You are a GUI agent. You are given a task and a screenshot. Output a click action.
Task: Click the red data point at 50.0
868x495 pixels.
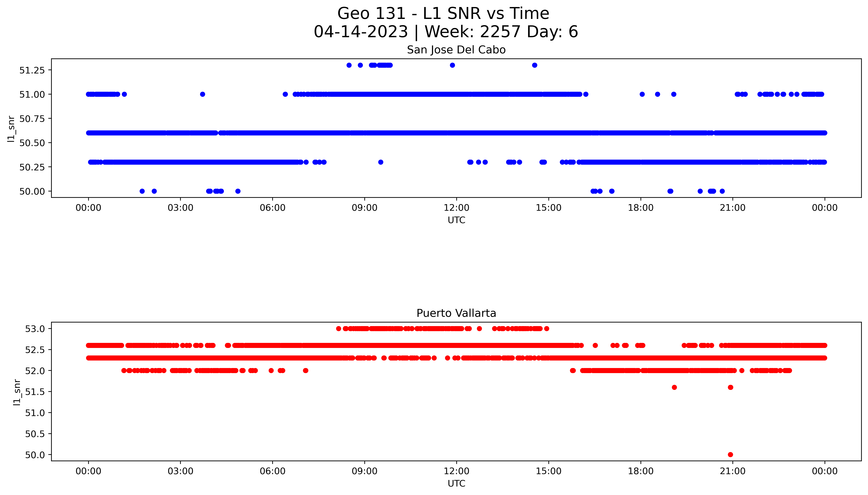click(x=730, y=455)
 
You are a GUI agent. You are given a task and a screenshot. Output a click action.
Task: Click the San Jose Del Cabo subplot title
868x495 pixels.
click(x=456, y=50)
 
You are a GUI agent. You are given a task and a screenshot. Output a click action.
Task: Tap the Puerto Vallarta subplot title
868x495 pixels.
click(x=456, y=313)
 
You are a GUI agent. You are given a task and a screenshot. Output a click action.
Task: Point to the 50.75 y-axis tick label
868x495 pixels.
click(x=32, y=119)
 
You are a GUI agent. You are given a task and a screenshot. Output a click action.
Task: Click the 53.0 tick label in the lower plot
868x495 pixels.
click(x=35, y=329)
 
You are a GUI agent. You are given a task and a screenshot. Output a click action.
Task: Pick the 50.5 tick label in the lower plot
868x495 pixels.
click(x=35, y=434)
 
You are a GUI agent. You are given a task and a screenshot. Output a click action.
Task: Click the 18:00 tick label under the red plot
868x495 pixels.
click(x=641, y=471)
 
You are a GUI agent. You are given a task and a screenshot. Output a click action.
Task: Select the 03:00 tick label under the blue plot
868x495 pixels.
click(x=180, y=208)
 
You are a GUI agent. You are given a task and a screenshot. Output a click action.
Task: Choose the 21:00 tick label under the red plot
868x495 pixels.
click(x=733, y=471)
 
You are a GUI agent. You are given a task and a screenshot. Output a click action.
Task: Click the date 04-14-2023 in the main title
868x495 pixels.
click(x=361, y=32)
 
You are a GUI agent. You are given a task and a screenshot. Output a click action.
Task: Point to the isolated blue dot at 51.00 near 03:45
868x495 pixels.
click(x=202, y=94)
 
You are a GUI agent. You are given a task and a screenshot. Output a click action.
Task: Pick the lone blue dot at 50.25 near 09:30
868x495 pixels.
click(x=381, y=162)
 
